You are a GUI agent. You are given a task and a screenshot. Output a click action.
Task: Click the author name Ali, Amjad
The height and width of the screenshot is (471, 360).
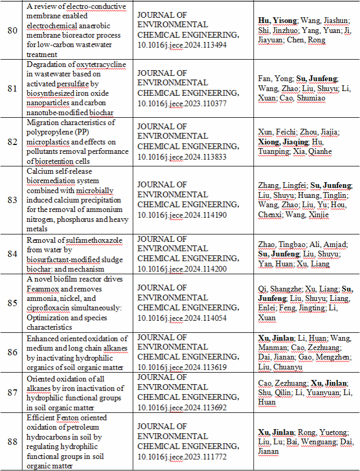[321, 244]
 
